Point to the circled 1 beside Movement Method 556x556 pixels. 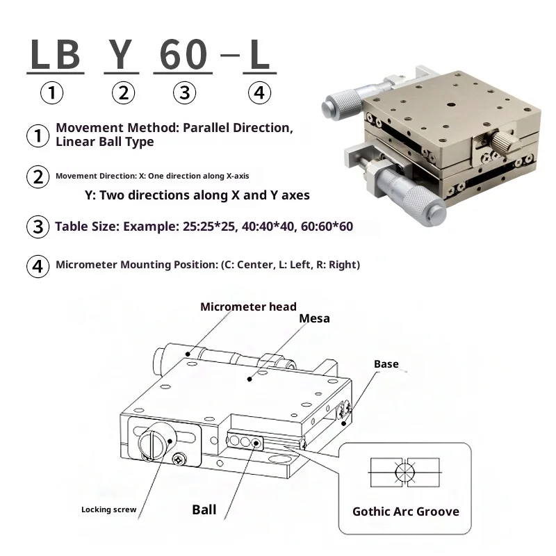(38, 135)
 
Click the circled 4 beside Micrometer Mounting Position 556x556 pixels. (38, 265)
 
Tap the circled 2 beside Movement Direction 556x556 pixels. (38, 177)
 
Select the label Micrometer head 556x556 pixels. (248, 306)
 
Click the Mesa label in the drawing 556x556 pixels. (314, 319)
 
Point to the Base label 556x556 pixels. (386, 364)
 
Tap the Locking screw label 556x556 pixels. (108, 510)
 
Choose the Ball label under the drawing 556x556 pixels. (204, 509)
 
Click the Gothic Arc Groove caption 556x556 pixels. (406, 512)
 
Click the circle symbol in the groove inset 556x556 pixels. (404, 473)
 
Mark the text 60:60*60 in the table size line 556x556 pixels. (328, 227)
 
